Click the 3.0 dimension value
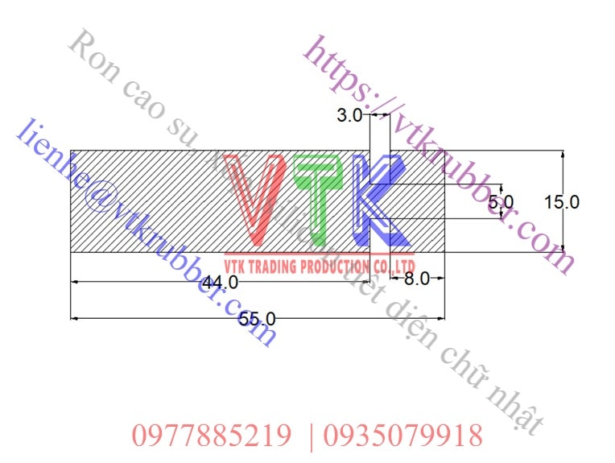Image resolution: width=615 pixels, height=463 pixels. click(x=349, y=115)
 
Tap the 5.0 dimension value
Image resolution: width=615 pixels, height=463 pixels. click(x=501, y=200)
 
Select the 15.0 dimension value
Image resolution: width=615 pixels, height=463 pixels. click(x=562, y=201)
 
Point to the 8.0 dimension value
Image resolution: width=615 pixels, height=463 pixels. click(x=416, y=279)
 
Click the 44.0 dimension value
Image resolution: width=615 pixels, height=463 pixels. click(x=220, y=282)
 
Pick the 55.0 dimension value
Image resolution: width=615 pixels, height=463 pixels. click(x=257, y=319)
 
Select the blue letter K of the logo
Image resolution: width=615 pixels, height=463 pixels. click(x=378, y=200)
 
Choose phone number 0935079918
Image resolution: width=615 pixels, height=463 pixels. click(x=402, y=436)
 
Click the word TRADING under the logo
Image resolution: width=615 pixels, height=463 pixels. click(x=274, y=267)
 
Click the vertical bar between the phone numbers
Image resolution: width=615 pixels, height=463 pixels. click(x=311, y=436)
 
